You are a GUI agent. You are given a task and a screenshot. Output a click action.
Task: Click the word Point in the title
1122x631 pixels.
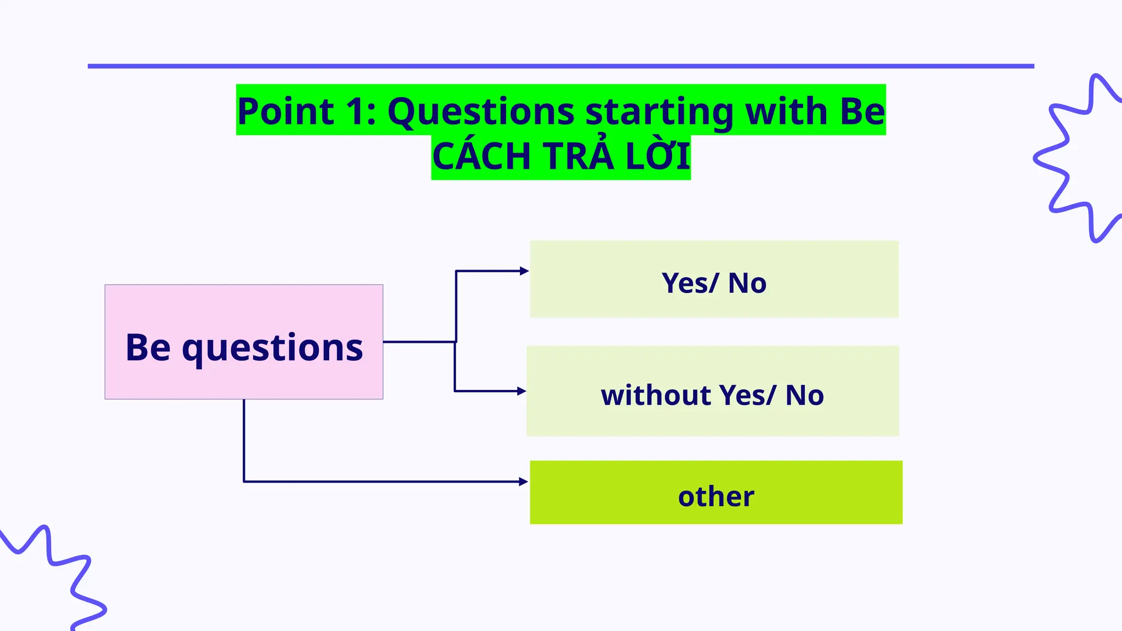pyautogui.click(x=285, y=111)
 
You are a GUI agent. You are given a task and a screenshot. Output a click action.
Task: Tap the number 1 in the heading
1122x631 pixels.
pyautogui.click(x=356, y=111)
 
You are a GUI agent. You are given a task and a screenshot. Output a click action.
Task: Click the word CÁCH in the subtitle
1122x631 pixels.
pyautogui.click(x=482, y=157)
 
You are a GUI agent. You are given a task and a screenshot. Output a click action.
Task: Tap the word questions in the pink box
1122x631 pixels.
pyautogui.click(x=272, y=348)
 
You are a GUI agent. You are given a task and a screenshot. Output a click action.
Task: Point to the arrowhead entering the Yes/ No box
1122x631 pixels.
pyautogui.click(x=524, y=271)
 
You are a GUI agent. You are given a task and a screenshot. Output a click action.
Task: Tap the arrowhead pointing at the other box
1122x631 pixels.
pyautogui.click(x=524, y=481)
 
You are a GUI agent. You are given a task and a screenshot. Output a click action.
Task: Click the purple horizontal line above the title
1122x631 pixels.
pyautogui.click(x=560, y=66)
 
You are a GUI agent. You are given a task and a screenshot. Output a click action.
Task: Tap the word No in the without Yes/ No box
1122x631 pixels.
pyautogui.click(x=804, y=395)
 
